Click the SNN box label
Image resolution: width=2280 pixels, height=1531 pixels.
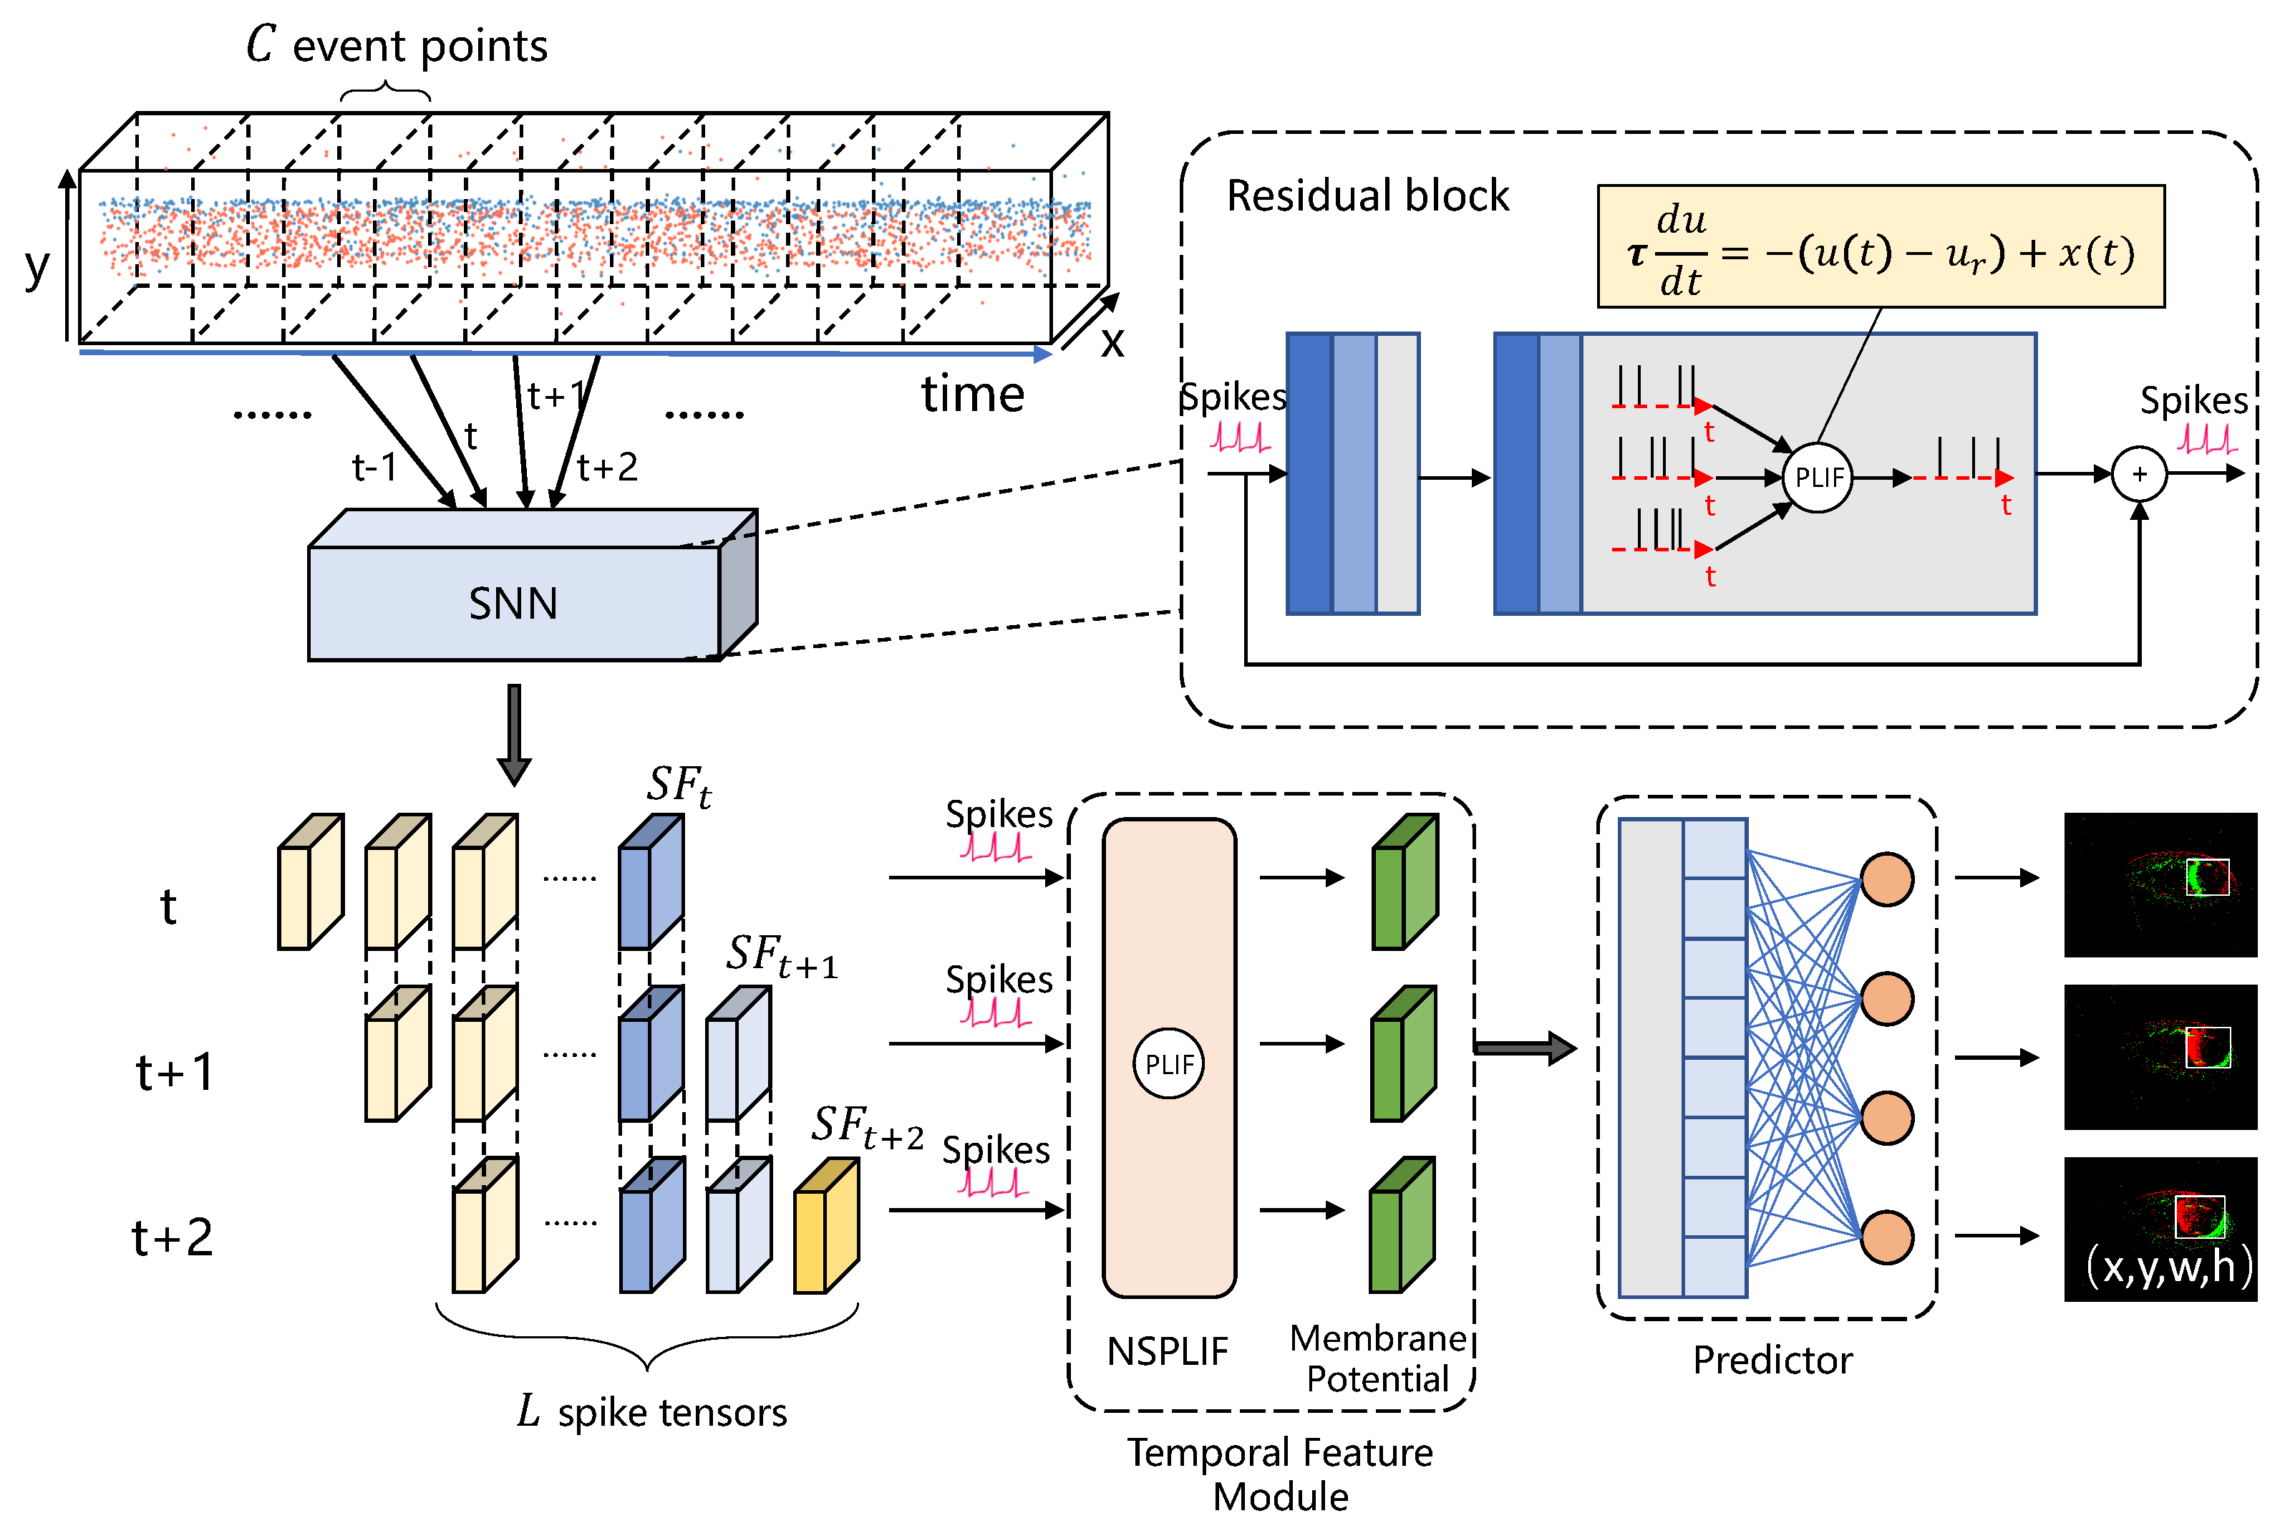click(513, 604)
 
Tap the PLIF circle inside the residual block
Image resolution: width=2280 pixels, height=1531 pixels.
click(1818, 478)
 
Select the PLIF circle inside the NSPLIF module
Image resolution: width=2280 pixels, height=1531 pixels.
click(1168, 1063)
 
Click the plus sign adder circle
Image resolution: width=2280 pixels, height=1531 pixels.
click(2140, 475)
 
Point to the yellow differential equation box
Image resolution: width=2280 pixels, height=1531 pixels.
click(1880, 247)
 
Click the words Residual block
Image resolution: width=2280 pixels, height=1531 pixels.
click(1367, 195)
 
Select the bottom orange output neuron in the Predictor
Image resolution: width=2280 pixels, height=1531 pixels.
click(1887, 1237)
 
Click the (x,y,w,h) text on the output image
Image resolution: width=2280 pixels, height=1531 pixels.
click(2169, 1266)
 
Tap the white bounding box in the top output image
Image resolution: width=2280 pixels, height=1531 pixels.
click(2207, 876)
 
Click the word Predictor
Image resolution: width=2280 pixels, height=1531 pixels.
click(1772, 1359)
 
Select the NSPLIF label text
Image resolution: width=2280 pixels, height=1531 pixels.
click(1168, 1351)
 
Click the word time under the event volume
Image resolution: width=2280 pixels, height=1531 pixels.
click(972, 395)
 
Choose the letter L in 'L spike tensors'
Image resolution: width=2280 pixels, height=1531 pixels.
click(528, 1411)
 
